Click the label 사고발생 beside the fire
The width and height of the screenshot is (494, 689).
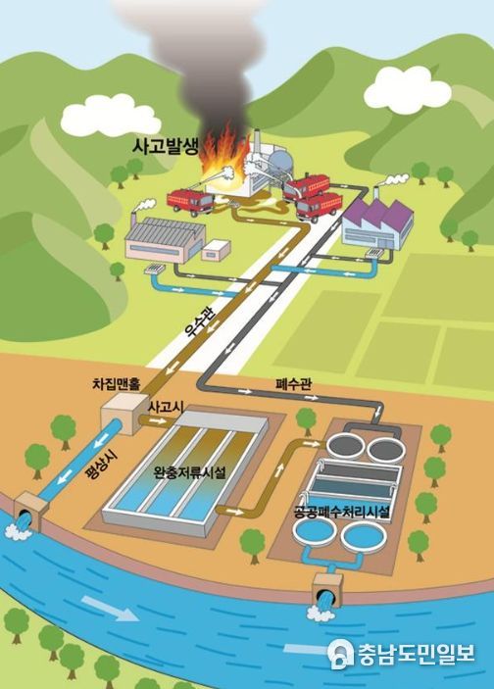[x=166, y=147]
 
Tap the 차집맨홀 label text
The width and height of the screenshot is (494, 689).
[x=116, y=384]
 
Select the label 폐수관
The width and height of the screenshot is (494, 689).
[x=294, y=384]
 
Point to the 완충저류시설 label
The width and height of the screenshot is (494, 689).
[x=190, y=472]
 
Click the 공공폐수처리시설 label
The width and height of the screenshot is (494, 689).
[x=341, y=512]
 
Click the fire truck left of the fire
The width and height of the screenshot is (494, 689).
[x=190, y=203]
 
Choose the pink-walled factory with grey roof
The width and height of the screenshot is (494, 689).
[x=166, y=239]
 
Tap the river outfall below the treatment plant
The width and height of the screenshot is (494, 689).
[x=327, y=592]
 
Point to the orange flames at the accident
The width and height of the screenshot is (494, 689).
[x=222, y=157]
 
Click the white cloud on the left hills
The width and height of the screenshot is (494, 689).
[x=111, y=115]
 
